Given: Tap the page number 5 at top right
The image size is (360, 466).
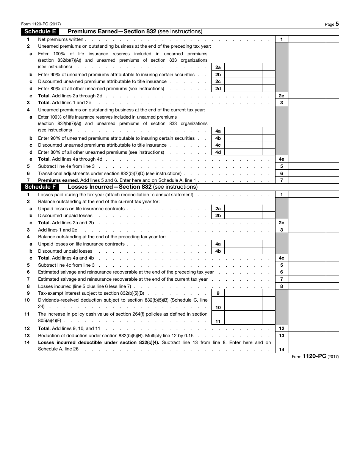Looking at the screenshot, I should point(337,24).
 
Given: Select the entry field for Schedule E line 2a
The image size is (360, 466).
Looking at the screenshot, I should point(243,67).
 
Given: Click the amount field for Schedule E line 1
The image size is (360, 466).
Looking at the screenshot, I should point(307,39).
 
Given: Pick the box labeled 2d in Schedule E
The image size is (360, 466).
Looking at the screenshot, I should point(218,89).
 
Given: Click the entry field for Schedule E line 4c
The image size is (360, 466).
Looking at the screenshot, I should point(243,145).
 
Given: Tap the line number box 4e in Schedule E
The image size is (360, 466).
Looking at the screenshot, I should point(282,159).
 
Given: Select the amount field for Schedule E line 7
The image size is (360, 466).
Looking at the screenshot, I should point(307,180).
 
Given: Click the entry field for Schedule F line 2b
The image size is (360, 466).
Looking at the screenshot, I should point(243,216).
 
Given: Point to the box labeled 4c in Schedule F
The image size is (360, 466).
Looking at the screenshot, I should point(282,258).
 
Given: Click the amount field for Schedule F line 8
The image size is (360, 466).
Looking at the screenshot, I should point(307,286).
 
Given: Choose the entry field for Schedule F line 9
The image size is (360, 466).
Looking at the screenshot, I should point(243,293).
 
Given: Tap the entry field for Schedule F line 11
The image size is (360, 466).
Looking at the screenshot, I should point(243,317).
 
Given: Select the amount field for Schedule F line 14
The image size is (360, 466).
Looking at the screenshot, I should point(307,346).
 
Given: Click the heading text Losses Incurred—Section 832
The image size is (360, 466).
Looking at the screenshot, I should point(110,187).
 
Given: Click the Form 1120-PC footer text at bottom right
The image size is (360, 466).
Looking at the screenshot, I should point(315,357).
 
